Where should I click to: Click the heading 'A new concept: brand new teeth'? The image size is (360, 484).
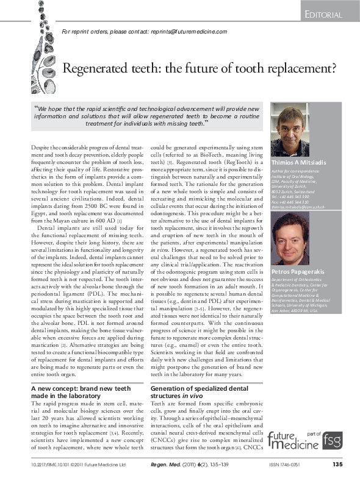click(81, 388)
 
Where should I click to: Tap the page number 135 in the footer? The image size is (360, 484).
click(338, 464)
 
